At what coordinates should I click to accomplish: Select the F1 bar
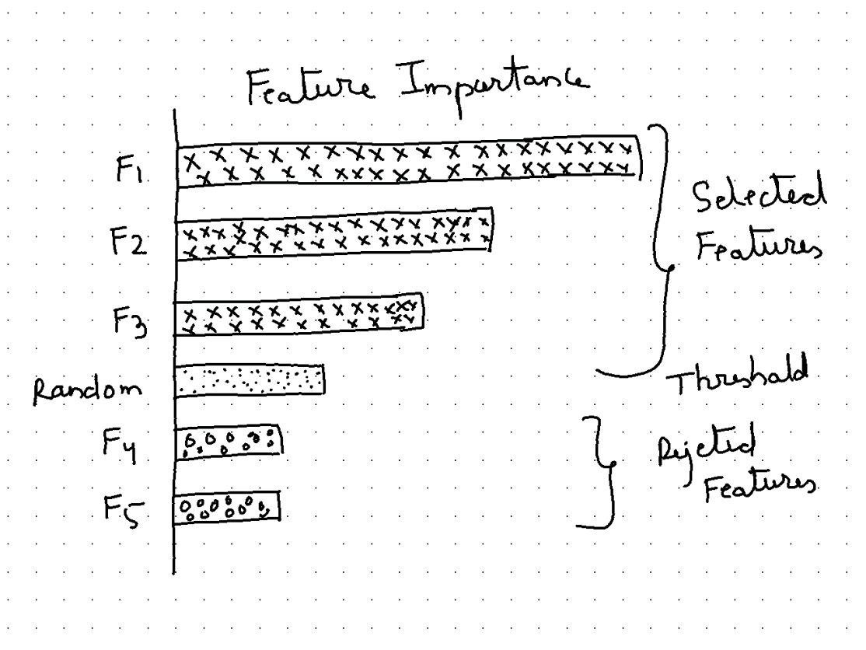click(409, 160)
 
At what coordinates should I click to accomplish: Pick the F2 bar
click(334, 231)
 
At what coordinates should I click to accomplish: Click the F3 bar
click(300, 318)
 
